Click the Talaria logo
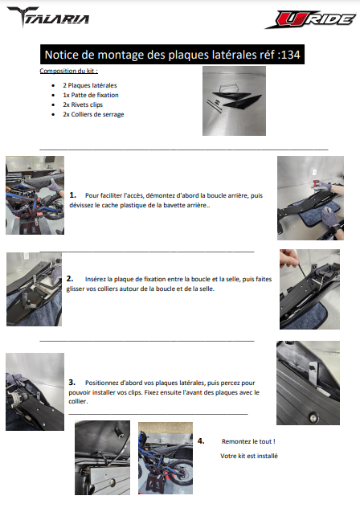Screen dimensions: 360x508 coord(48,17)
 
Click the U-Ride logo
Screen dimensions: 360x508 coord(311,20)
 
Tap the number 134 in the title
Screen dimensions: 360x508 coord(291,55)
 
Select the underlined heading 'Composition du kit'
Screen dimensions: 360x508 coord(68,71)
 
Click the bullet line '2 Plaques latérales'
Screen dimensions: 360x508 coord(90,85)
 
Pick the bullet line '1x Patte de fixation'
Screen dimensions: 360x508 coord(91,95)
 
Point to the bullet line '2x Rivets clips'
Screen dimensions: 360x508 coord(83,104)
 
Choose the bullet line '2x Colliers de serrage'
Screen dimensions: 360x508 coord(93,114)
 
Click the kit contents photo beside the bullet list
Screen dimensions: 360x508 coord(234,100)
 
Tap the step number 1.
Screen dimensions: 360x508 coord(73,195)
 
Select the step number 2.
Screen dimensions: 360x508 coord(70,279)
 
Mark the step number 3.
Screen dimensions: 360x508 coord(72,383)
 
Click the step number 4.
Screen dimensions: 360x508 coord(201,441)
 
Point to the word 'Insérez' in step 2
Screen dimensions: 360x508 coord(96,279)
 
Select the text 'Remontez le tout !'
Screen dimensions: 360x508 coord(248,441)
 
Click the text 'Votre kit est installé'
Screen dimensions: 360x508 coord(249,456)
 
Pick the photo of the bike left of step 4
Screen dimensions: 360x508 coord(166,458)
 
